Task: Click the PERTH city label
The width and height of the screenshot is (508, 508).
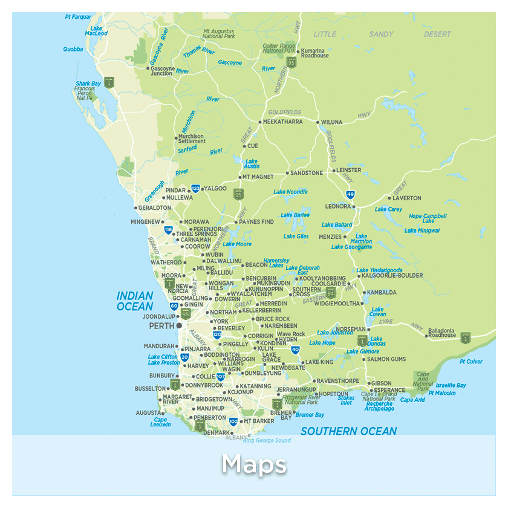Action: pos(161,325)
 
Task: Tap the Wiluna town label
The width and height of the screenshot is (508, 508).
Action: pos(331,122)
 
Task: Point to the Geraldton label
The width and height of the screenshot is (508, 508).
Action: pos(155,207)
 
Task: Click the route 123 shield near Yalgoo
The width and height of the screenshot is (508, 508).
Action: pos(195,189)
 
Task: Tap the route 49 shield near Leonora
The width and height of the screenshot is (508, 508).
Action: pos(350,194)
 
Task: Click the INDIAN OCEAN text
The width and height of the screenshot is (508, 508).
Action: pos(135,301)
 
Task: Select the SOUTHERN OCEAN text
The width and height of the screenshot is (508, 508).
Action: pos(348,431)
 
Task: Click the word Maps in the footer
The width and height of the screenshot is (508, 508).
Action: pos(253,465)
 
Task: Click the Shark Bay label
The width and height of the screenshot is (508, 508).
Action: pos(88,84)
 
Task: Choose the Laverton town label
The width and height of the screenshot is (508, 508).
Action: pos(407,198)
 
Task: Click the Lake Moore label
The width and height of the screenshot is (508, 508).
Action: pos(237,244)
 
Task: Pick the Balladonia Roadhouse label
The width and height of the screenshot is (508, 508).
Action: pos(442,333)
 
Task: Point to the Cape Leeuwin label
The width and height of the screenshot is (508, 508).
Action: pos(160,422)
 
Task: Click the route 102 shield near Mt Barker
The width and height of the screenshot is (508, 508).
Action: pos(233,421)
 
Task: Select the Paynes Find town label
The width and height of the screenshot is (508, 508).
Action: pos(256,222)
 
